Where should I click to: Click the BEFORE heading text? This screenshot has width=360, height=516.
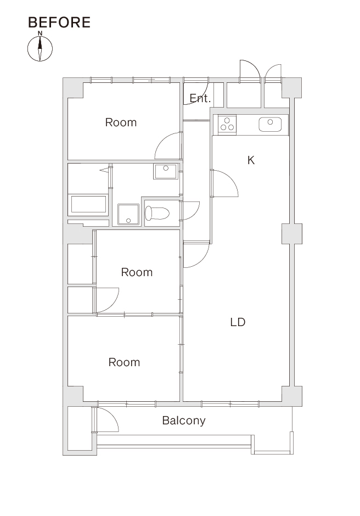click(59, 23)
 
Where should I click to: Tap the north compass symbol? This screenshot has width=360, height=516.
click(40, 48)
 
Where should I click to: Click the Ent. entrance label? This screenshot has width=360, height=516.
click(200, 98)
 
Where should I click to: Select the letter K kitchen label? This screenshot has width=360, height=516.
click(251, 160)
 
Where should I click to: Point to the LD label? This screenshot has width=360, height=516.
click(238, 322)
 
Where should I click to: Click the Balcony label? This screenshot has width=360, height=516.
click(184, 420)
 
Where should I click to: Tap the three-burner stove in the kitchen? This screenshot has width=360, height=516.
click(227, 125)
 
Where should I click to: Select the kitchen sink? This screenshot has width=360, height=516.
click(270, 125)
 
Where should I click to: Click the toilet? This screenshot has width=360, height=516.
click(157, 213)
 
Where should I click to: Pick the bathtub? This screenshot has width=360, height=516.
click(88, 205)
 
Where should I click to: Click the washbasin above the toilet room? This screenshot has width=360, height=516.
click(166, 171)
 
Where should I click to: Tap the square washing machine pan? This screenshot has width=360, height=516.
click(128, 215)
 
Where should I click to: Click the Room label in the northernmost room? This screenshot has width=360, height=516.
click(121, 122)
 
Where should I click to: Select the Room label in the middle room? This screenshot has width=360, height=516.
click(137, 272)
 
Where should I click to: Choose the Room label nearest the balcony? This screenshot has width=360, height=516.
click(125, 362)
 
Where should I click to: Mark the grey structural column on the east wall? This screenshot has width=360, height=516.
click(292, 234)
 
